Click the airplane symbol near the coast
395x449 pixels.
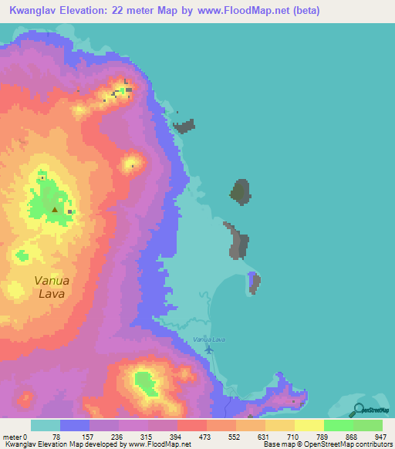tap(210, 349)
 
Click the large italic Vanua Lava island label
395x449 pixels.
tap(52, 287)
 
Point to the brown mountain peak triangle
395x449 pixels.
tap(55, 208)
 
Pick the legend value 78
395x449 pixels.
tap(59, 437)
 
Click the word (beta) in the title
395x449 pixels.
tap(302, 12)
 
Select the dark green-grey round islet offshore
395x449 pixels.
tap(241, 191)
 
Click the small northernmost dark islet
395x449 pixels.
tap(184, 126)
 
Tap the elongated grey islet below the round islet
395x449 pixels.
tap(238, 241)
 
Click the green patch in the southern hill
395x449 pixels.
tap(143, 380)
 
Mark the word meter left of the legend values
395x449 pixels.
tap(13, 437)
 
